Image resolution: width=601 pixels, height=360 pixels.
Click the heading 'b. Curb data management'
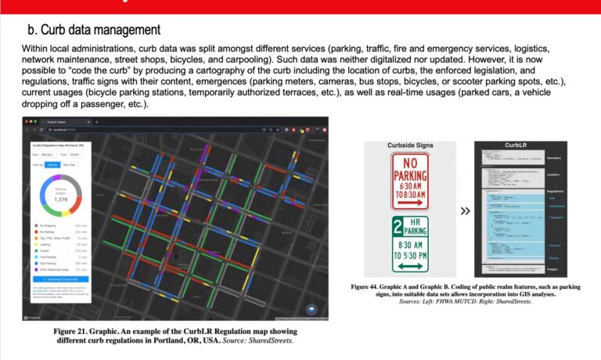(95, 30)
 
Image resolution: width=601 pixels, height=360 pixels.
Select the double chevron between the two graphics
(464, 210)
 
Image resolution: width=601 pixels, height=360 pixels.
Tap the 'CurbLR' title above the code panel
(514, 146)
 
